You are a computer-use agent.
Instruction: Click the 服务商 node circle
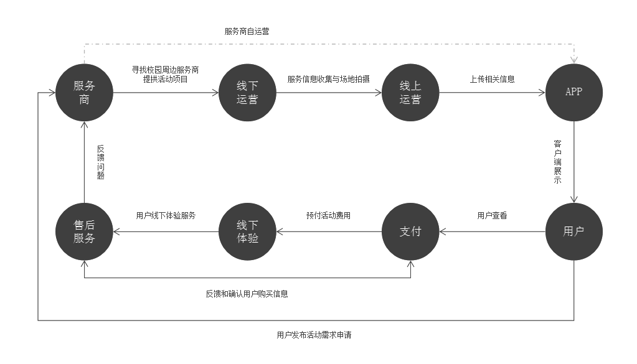[x=84, y=92]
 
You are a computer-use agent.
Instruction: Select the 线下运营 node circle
[x=247, y=92]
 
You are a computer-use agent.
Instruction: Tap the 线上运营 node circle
[x=410, y=92]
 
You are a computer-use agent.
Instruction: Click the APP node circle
[x=573, y=92]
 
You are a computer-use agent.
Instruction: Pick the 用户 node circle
[x=573, y=231]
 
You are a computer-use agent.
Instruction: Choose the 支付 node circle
[x=410, y=231]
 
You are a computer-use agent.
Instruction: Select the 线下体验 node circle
[x=247, y=231]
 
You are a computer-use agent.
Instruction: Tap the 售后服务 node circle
[x=84, y=231]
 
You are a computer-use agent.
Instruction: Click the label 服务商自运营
[x=247, y=31]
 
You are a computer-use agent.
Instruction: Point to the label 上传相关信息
[x=492, y=79]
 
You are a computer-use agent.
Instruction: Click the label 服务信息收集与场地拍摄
[x=328, y=79]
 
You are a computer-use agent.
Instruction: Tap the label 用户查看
[x=492, y=216]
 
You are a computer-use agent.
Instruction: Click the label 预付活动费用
[x=328, y=216]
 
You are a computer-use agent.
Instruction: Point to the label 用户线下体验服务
[x=166, y=216]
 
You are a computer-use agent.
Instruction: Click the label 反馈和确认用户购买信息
[x=247, y=294]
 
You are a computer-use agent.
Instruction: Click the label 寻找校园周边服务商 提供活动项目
[x=166, y=75]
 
